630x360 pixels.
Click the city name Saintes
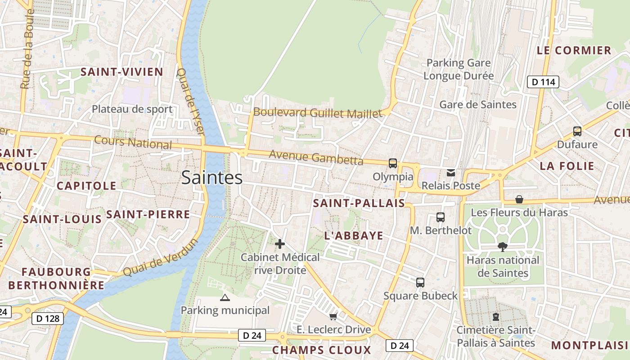(x=212, y=177)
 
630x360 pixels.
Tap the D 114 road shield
(x=543, y=82)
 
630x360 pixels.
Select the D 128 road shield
(x=47, y=319)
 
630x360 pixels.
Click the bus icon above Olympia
(x=393, y=163)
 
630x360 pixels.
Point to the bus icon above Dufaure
(x=577, y=131)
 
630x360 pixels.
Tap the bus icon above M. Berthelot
(x=441, y=217)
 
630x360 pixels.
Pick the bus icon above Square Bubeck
(x=420, y=283)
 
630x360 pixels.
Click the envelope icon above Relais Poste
(x=451, y=172)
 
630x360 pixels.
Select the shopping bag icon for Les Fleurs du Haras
(x=519, y=199)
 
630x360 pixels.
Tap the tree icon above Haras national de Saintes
(x=503, y=247)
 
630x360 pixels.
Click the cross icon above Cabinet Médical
(x=280, y=244)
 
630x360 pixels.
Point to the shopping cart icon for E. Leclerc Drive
(x=333, y=317)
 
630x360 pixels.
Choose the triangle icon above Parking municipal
(x=225, y=297)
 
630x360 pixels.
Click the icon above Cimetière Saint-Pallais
(x=496, y=317)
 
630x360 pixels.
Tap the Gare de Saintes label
(x=478, y=104)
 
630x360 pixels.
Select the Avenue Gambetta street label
(x=316, y=157)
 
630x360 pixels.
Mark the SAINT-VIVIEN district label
(x=121, y=72)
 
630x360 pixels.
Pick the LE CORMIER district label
(x=574, y=50)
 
